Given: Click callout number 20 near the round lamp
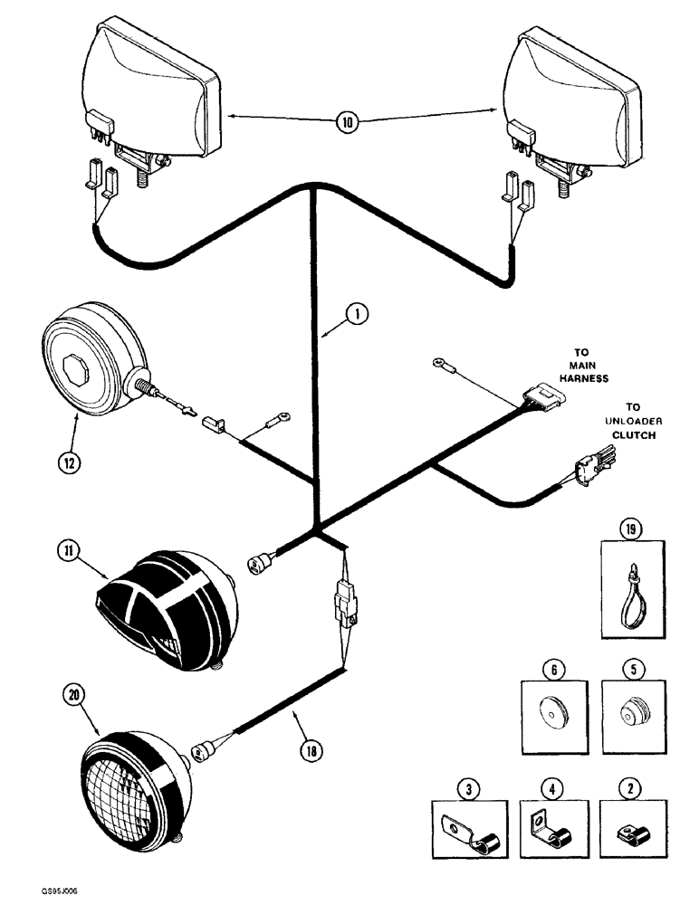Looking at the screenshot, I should (x=72, y=695).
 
